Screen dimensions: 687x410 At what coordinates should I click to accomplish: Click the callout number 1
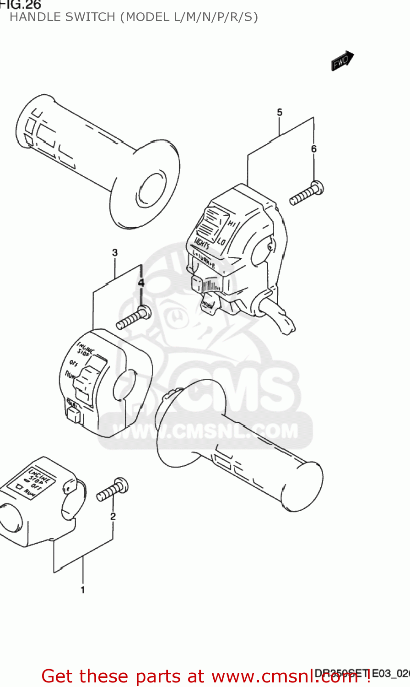83,590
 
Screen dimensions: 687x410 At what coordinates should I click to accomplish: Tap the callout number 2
113,517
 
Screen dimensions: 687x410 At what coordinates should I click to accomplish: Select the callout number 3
115,252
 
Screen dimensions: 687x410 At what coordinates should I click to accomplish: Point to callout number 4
141,283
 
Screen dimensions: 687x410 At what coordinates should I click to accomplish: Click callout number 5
280,112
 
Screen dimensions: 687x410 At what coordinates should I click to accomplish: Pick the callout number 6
314,149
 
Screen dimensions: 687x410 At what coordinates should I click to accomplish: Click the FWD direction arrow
342,61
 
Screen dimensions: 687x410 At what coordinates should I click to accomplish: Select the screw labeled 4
134,317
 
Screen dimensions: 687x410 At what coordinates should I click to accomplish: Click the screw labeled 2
113,490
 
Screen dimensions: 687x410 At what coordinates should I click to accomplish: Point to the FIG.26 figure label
21,5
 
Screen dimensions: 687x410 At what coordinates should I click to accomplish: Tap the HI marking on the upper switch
232,224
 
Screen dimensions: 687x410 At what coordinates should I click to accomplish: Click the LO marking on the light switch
221,241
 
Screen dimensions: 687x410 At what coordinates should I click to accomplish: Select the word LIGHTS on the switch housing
202,243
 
